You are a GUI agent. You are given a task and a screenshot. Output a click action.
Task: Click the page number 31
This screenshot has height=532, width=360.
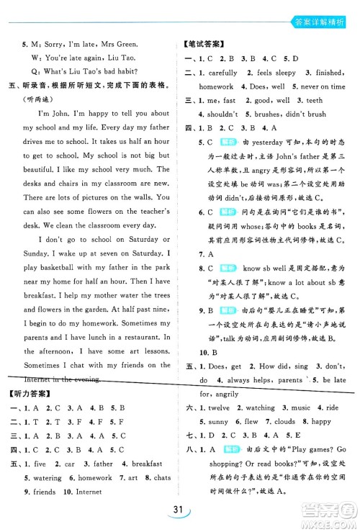(179, 512)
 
